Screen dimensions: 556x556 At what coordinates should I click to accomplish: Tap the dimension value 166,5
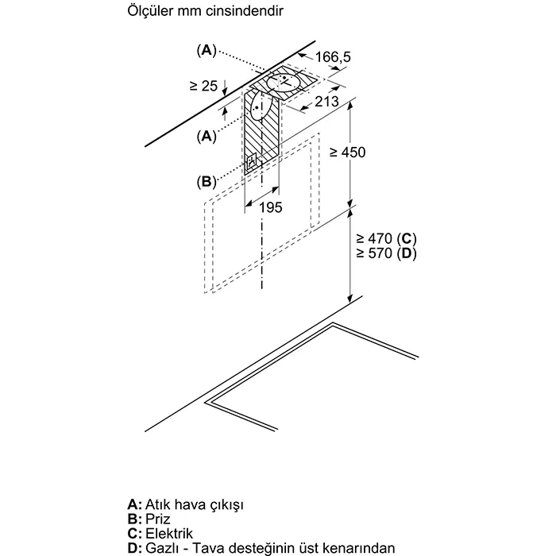point(333,56)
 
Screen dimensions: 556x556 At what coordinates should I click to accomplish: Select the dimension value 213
point(326,101)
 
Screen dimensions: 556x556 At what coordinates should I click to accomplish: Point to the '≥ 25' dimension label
point(203,85)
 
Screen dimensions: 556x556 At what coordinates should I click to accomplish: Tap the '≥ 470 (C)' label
point(387,238)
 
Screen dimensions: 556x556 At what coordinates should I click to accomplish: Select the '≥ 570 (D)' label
point(387,253)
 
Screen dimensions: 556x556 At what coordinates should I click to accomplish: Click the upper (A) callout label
point(206,50)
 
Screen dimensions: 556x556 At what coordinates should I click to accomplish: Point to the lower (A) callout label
point(206,136)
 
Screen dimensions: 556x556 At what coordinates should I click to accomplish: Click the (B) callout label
point(206,181)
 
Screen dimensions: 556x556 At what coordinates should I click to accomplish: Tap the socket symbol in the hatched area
point(253,164)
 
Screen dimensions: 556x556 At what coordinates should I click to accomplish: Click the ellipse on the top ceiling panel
point(282,81)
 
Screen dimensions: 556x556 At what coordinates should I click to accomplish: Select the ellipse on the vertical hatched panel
point(259,105)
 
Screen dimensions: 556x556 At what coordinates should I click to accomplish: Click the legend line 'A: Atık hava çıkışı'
point(185,504)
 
